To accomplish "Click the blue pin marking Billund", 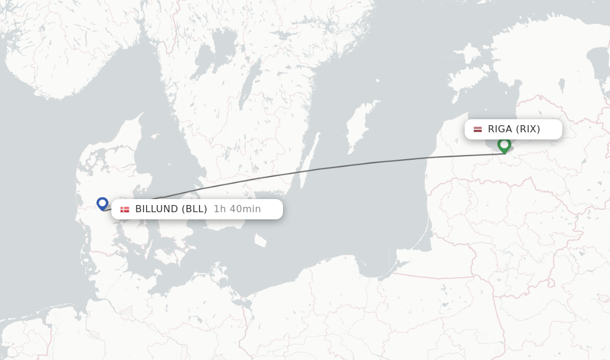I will click(x=102, y=203).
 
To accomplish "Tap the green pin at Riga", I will click(x=504, y=144).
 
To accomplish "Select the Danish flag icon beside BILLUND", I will click(x=125, y=209).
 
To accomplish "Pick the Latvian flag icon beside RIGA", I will click(x=478, y=129).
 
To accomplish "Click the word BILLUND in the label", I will click(x=157, y=209).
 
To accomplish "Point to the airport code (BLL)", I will click(x=194, y=209).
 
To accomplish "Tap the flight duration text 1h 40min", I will click(x=237, y=209).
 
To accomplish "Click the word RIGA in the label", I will click(x=500, y=129).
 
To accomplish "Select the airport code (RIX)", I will click(x=528, y=129).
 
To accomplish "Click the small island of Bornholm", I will click(x=260, y=240).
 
